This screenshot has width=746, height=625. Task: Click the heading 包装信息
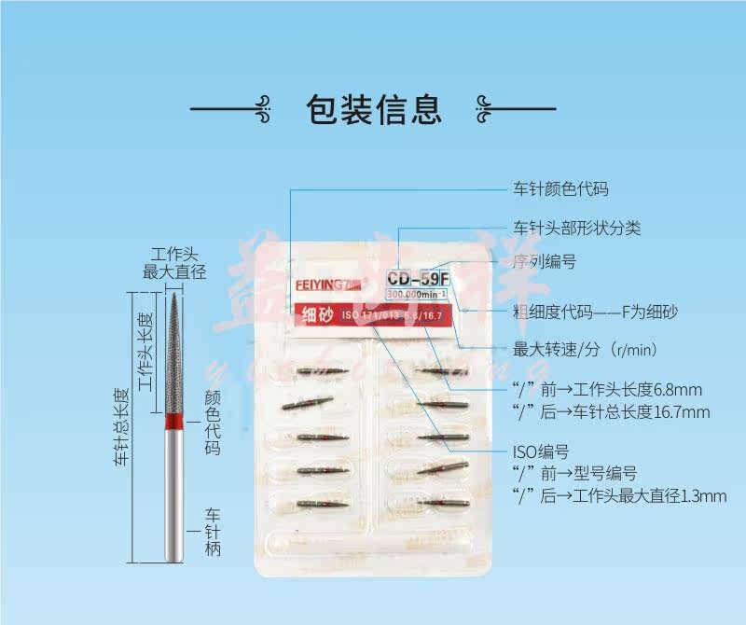373,109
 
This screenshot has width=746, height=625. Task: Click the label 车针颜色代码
560,189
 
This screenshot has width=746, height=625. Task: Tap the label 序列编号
545,262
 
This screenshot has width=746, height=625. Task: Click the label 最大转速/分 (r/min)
586,350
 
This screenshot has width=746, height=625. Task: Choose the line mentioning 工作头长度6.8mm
607,389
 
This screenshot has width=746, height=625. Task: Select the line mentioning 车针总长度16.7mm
611,411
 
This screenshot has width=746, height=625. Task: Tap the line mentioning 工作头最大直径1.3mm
618,495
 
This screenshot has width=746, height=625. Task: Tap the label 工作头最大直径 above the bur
174,263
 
